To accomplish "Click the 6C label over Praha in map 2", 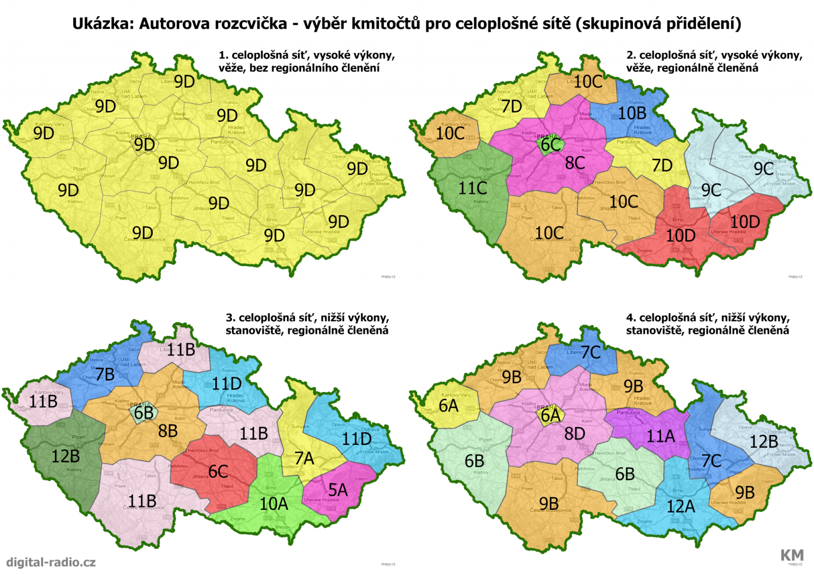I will click(x=550, y=145).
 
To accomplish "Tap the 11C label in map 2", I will click(x=473, y=189).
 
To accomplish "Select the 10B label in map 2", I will click(x=632, y=113).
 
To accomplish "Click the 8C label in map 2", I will click(x=575, y=163).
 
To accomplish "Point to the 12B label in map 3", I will click(x=66, y=456).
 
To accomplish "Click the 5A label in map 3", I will click(x=338, y=490).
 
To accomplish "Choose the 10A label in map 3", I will click(x=274, y=504).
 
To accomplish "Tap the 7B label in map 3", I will click(x=105, y=374).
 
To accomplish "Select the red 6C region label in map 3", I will click(x=218, y=471).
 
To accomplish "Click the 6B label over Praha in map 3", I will click(x=144, y=413).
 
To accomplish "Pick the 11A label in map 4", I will click(x=660, y=436).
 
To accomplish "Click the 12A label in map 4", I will click(x=681, y=506).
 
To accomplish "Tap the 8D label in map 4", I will click(x=575, y=434).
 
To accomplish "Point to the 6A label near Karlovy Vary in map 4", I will click(x=449, y=406).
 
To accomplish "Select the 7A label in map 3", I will click(x=304, y=459).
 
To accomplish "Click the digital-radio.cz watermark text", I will click(x=51, y=562).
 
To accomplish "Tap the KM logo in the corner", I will click(x=792, y=555).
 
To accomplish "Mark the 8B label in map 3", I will click(x=168, y=431).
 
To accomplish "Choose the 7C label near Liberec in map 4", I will click(x=591, y=352).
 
